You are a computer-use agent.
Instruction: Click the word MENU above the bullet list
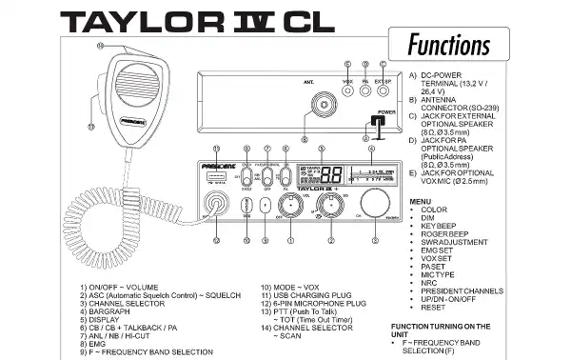pyautogui.click(x=421, y=202)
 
